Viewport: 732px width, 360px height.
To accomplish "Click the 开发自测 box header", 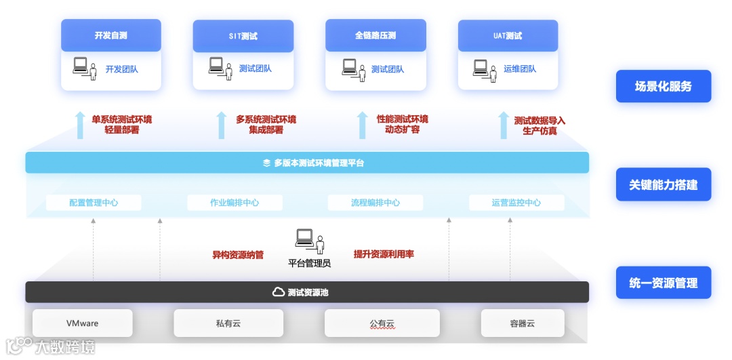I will pos(111,35).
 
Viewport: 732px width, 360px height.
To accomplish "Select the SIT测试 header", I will pos(243,36).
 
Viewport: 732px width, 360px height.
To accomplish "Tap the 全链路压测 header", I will pos(375,35).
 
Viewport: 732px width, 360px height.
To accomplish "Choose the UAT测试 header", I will pos(508,36).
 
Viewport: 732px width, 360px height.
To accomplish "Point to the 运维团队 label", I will pos(520,69).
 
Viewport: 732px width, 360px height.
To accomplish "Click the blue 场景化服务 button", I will pos(663,87).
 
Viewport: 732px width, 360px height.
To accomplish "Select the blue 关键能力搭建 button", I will pos(663,184).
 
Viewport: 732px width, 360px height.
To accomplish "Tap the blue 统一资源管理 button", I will pos(663,283).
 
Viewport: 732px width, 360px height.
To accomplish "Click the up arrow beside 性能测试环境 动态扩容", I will pos(363,125).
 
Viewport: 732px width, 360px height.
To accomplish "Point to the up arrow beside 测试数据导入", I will pos(503,125).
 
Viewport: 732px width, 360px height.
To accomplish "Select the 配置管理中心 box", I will pos(94,203).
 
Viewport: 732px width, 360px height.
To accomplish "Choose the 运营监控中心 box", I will pos(516,203).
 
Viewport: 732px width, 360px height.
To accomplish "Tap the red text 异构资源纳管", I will pos(238,255).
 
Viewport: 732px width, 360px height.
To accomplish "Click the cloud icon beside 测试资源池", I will pos(278,292).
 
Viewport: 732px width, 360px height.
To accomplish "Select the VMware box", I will pos(82,323).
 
